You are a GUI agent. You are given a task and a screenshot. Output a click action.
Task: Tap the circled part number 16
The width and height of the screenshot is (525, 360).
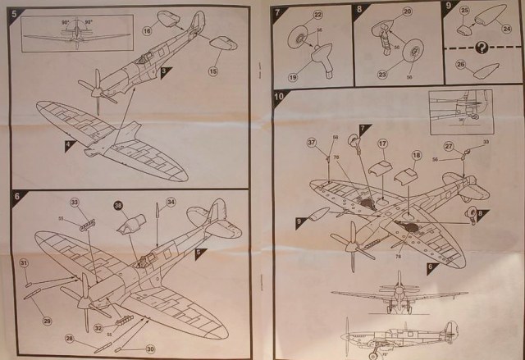tap(148, 31)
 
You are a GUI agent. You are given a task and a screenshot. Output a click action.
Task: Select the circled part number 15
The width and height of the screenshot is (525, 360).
tap(212, 71)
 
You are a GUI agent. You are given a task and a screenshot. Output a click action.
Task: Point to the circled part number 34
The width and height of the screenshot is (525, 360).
tap(170, 202)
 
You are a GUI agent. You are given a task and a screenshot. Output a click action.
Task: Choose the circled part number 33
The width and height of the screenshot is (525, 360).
tap(74, 202)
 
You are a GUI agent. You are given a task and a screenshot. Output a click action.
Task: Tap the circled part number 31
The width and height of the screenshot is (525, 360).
tap(25, 262)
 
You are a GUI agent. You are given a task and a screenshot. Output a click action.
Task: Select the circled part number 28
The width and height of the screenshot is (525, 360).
tap(70, 338)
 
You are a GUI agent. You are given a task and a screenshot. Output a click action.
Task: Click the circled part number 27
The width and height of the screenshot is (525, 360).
tap(450, 147)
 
